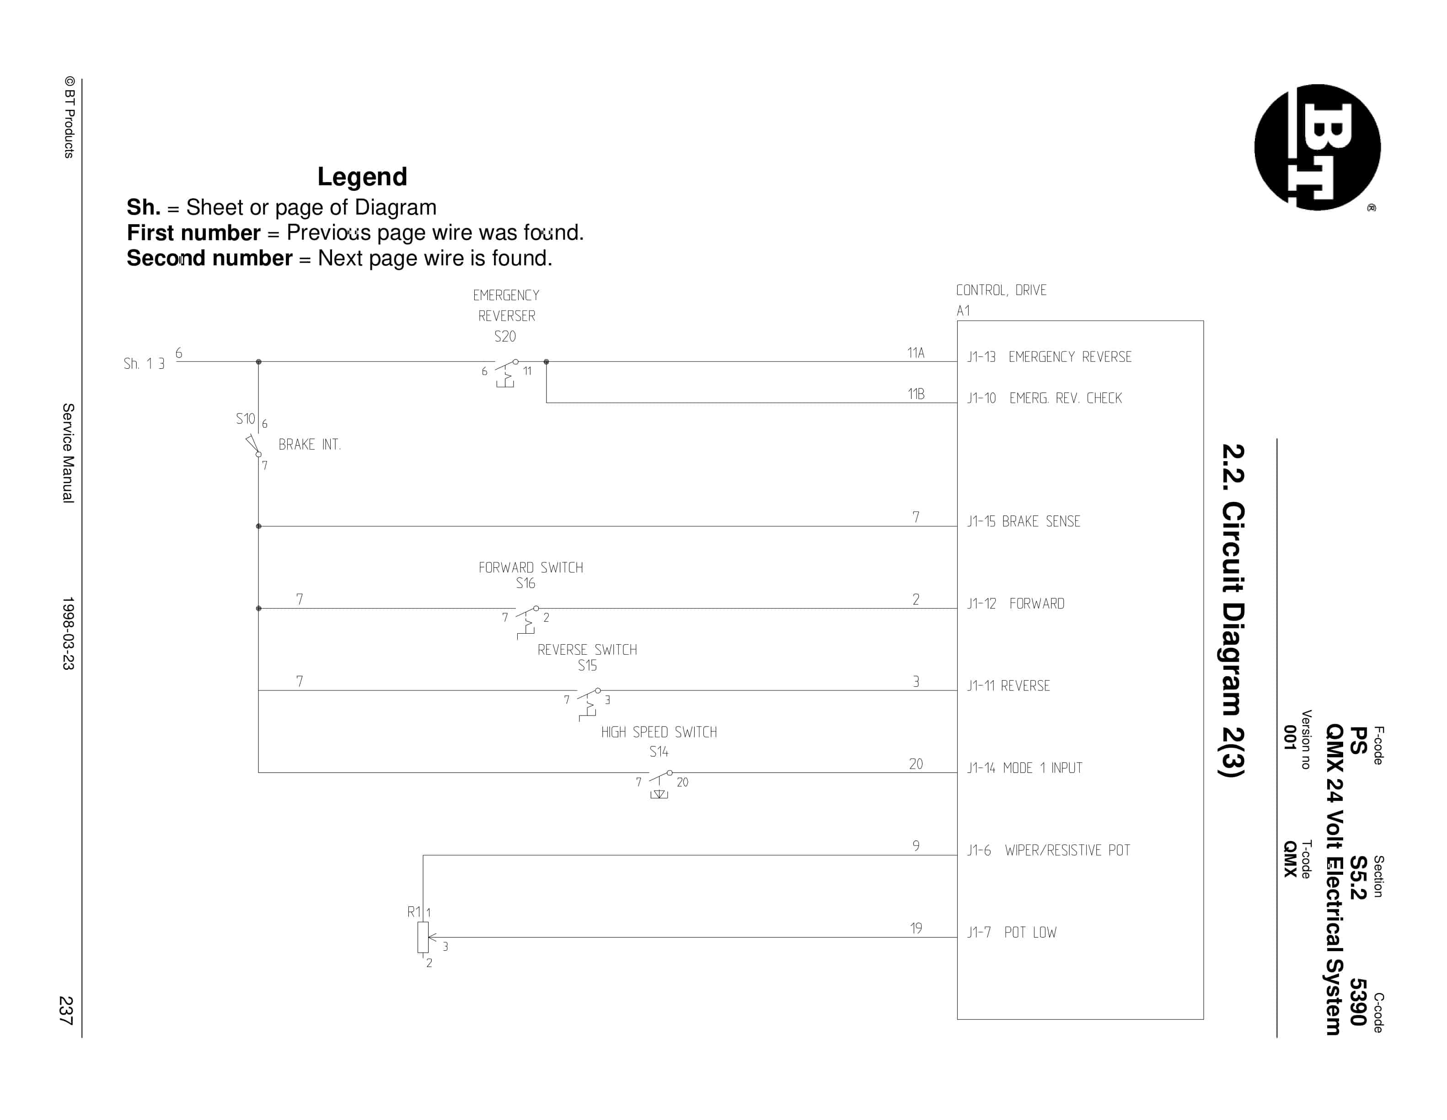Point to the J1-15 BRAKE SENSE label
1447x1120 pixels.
(x=1024, y=522)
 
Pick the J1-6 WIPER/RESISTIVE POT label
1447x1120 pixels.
(x=1049, y=850)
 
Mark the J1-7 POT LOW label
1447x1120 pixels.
(x=1012, y=932)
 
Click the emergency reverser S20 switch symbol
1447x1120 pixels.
(x=506, y=372)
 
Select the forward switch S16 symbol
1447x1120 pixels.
(x=527, y=621)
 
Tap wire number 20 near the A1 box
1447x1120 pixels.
(x=916, y=764)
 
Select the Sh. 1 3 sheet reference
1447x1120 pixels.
(x=144, y=364)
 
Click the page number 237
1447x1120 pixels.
(x=66, y=1010)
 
